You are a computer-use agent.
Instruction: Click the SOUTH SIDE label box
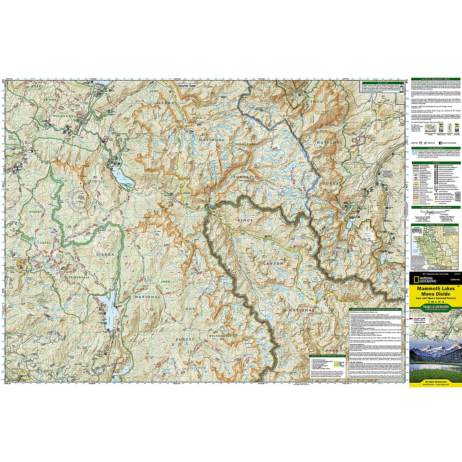[x=187, y=85]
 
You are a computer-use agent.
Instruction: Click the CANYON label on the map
[x=273, y=264]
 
